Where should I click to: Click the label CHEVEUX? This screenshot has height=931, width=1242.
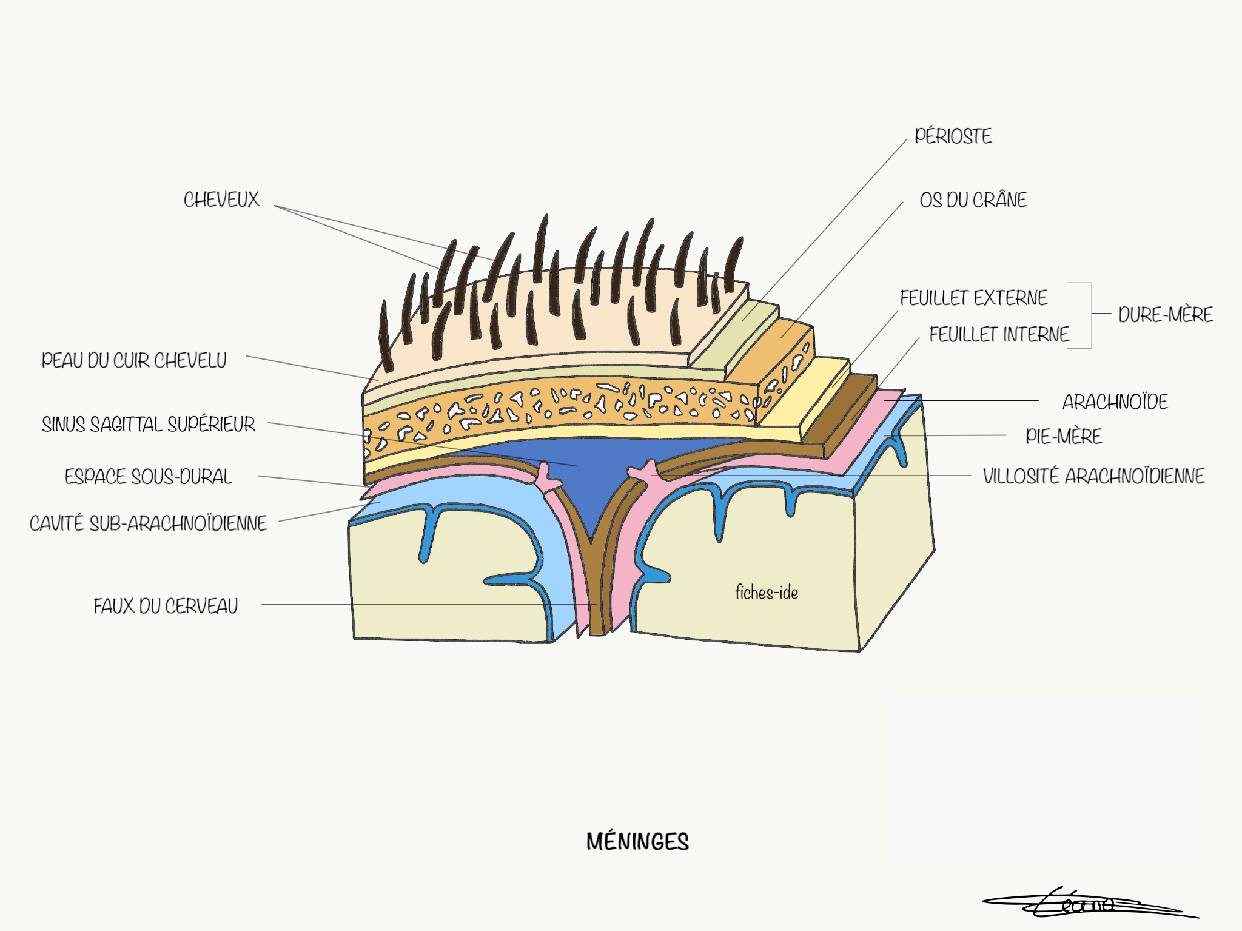[221, 200]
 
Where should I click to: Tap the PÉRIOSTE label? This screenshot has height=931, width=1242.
[953, 136]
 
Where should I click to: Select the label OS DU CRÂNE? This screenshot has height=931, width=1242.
[973, 200]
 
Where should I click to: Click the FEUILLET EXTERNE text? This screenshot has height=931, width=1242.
[973, 298]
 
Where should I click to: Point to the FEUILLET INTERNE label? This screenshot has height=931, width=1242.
[999, 334]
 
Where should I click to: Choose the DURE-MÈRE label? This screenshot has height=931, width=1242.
[1166, 315]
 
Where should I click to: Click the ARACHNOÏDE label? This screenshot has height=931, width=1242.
[1115, 402]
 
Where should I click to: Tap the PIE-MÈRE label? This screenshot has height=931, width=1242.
[1064, 436]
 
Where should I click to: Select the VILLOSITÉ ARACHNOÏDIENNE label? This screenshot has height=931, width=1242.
[1093, 476]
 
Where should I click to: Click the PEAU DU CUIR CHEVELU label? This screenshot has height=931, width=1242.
[134, 360]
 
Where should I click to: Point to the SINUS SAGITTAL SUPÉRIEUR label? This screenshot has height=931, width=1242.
[149, 424]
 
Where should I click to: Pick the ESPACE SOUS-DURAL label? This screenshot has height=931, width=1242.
[149, 477]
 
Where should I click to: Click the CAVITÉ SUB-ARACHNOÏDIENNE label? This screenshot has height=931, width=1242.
[149, 523]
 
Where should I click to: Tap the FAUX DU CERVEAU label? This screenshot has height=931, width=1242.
[166, 606]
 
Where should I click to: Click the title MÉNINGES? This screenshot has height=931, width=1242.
[637, 842]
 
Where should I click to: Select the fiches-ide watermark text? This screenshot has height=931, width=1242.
[767, 593]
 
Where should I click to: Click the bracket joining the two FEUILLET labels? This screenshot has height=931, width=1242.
[1091, 315]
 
